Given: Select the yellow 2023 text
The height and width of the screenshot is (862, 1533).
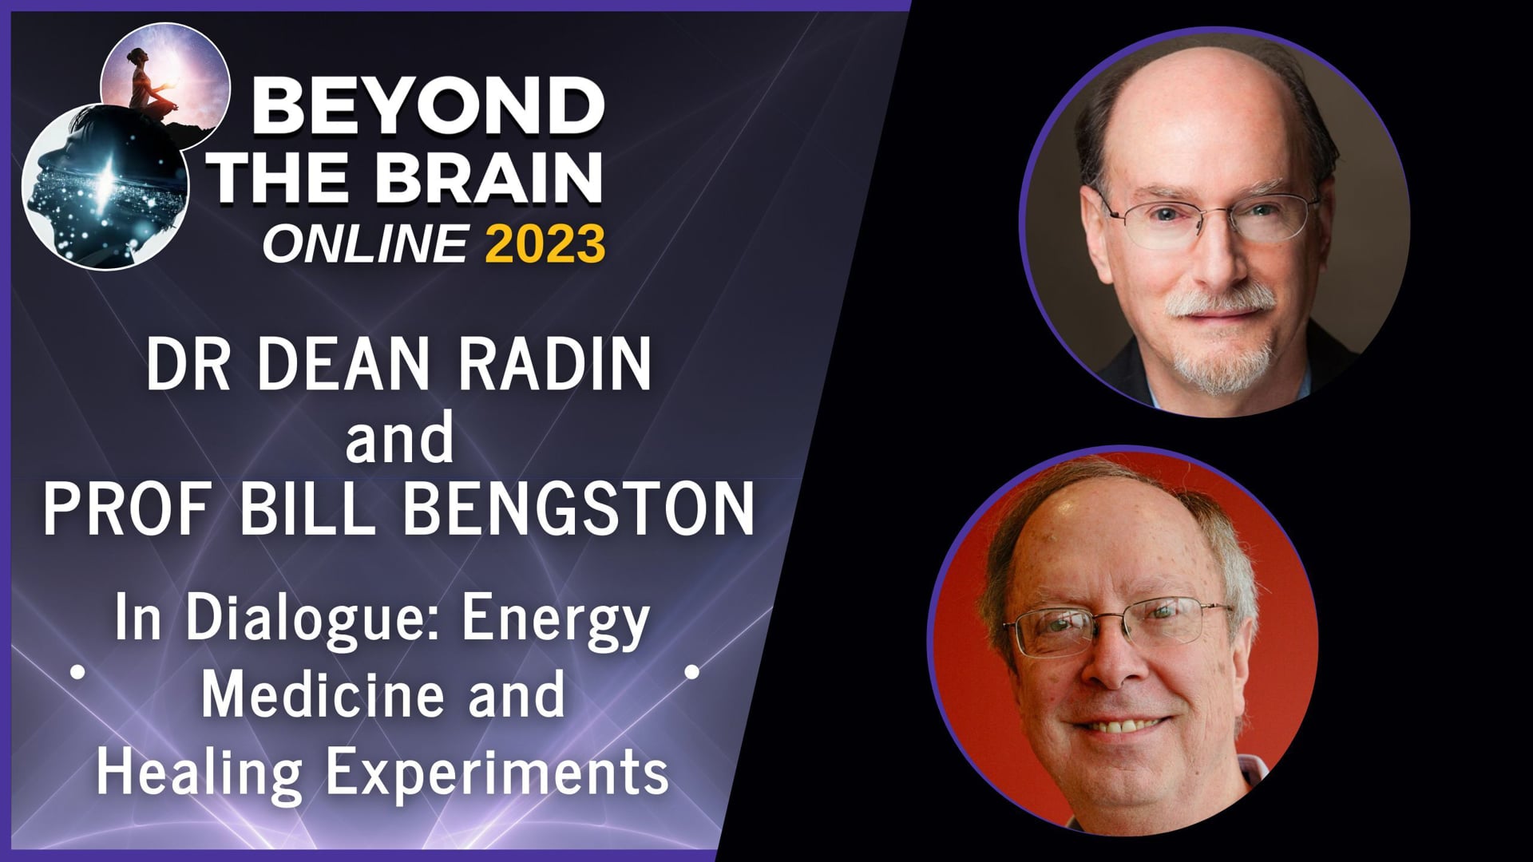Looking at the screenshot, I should coord(545,243).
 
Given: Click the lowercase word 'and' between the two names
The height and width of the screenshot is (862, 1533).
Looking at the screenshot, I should coord(399,438).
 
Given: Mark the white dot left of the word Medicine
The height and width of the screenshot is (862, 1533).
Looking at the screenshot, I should coord(77,673).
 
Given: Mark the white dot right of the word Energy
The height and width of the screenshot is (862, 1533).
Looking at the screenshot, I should coord(692,673).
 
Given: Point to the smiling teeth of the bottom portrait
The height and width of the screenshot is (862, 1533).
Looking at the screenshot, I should coord(1127,727).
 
